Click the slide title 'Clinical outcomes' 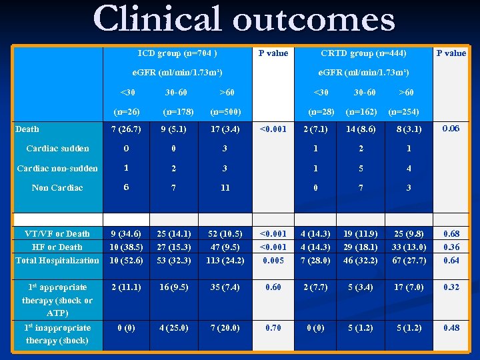[244, 19]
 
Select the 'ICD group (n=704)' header [177, 53]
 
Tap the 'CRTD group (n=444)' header [363, 53]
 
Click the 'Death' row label [27, 129]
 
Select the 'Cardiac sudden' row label [57, 148]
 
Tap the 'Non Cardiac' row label [57, 187]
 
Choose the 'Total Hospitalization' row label [57, 260]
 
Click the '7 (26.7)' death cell [126, 129]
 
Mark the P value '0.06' [451, 128]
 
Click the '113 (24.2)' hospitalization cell [225, 260]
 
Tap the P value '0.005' [273, 260]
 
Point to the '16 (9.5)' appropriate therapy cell [174, 287]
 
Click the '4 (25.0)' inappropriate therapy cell [174, 327]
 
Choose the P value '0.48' [451, 327]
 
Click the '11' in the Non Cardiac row [225, 187]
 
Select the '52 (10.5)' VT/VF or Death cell [225, 233]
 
